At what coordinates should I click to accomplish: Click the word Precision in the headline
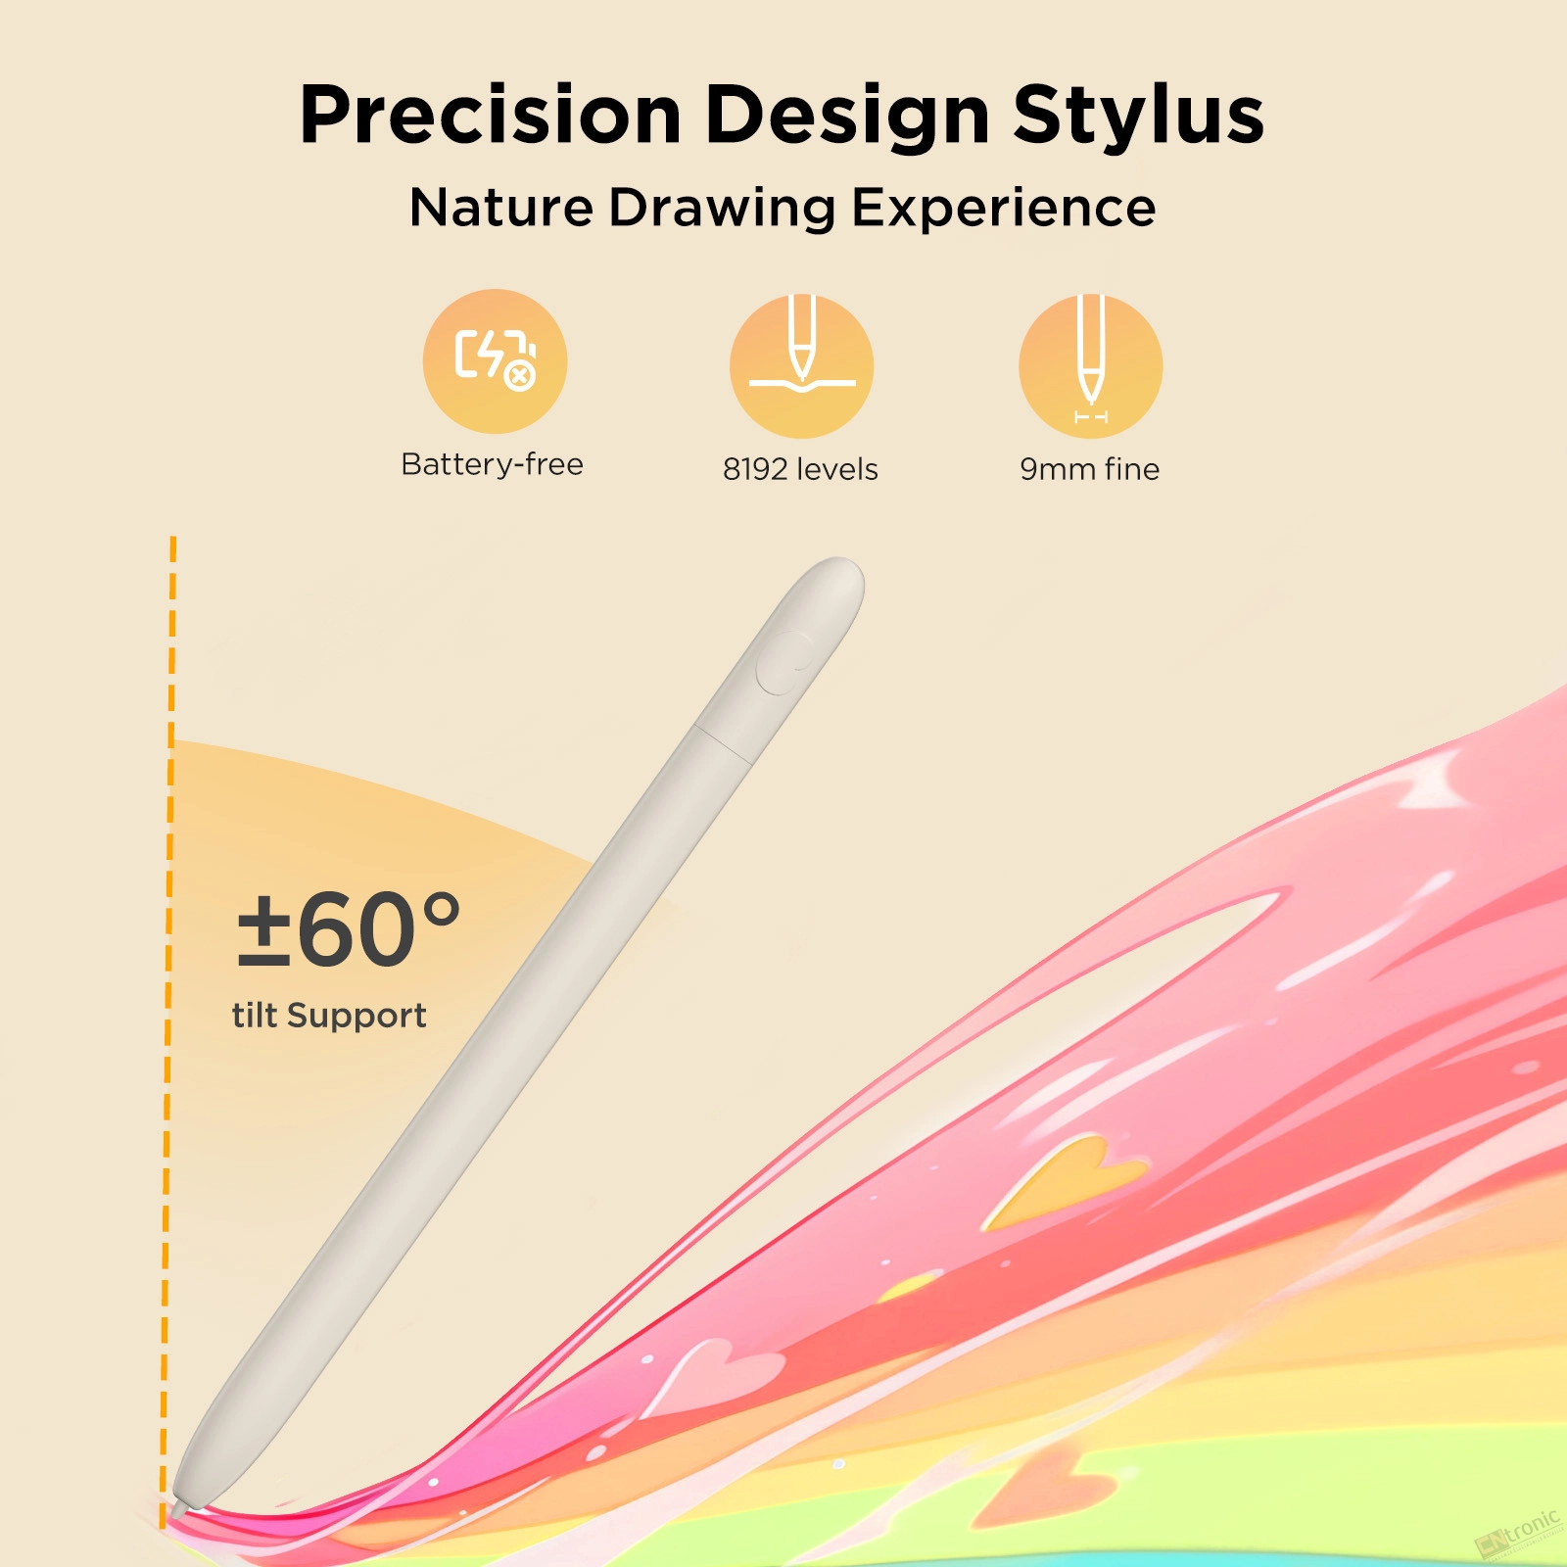click(491, 116)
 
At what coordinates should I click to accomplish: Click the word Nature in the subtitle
click(501, 208)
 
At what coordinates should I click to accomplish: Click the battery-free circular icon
click(496, 361)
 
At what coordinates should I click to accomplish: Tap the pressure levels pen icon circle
click(801, 366)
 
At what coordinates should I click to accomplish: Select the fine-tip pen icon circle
click(1090, 366)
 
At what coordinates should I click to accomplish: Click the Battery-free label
click(493, 464)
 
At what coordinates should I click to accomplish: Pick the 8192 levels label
click(800, 469)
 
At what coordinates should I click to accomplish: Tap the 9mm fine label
click(1090, 469)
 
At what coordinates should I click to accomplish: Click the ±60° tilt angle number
click(349, 928)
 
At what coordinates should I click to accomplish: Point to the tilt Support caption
click(329, 1016)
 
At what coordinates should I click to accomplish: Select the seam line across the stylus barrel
click(724, 743)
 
